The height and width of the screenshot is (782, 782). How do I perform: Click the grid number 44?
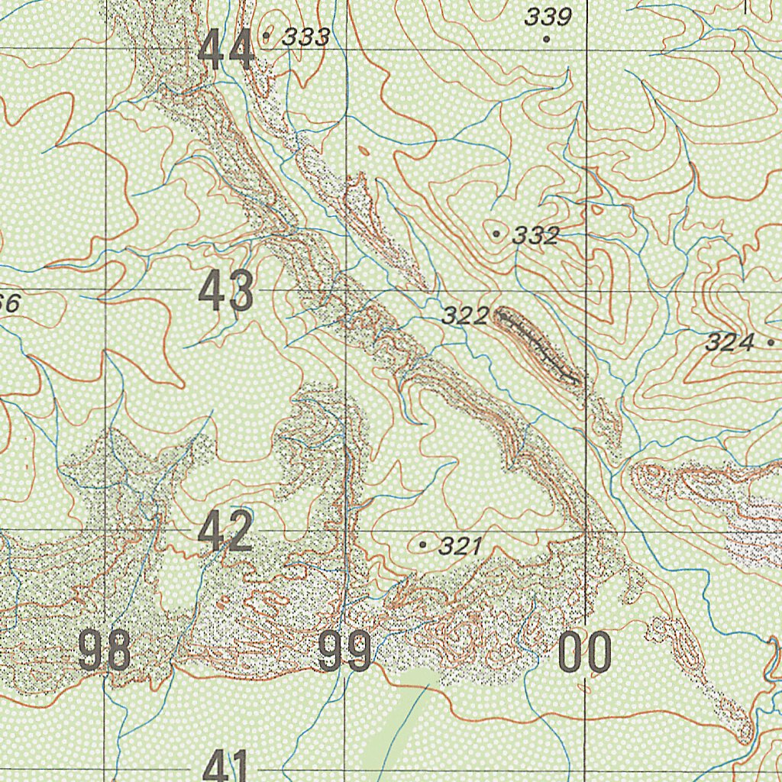[225, 52]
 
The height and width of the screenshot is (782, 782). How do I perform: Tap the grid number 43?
[226, 291]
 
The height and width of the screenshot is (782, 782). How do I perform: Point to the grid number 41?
[228, 765]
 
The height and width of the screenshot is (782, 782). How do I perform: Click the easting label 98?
[105, 651]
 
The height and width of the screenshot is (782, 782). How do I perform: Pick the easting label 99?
[345, 651]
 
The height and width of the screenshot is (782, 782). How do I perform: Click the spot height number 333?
[305, 37]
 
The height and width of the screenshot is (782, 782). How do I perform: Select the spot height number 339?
[548, 17]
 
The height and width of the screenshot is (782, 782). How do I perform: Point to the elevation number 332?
[535, 236]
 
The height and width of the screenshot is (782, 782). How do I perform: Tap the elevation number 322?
[465, 315]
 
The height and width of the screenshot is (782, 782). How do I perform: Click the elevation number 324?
[729, 343]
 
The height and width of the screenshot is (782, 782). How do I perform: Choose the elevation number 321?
[460, 546]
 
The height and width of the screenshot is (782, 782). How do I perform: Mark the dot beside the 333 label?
[266, 35]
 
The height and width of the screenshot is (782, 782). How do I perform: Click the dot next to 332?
[497, 234]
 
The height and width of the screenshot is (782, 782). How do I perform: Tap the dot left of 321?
[423, 544]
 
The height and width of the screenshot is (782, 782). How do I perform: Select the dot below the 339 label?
[547, 38]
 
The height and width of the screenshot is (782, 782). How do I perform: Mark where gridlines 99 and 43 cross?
[347, 291]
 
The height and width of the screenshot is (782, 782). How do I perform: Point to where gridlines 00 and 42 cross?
[586, 530]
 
